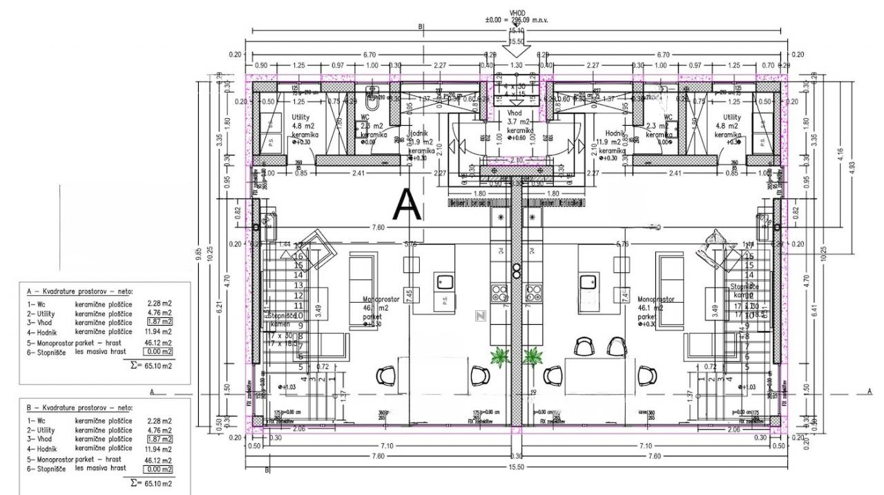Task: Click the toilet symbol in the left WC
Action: tap(372, 102)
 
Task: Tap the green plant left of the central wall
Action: tap(498, 357)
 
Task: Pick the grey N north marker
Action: tap(480, 316)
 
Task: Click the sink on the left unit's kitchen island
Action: tap(443, 281)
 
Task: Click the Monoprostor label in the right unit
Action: tap(656, 300)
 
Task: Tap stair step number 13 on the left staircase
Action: tap(299, 285)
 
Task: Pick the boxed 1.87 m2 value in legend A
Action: tap(159, 321)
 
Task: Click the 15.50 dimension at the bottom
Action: tap(516, 467)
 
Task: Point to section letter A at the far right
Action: tap(869, 391)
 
